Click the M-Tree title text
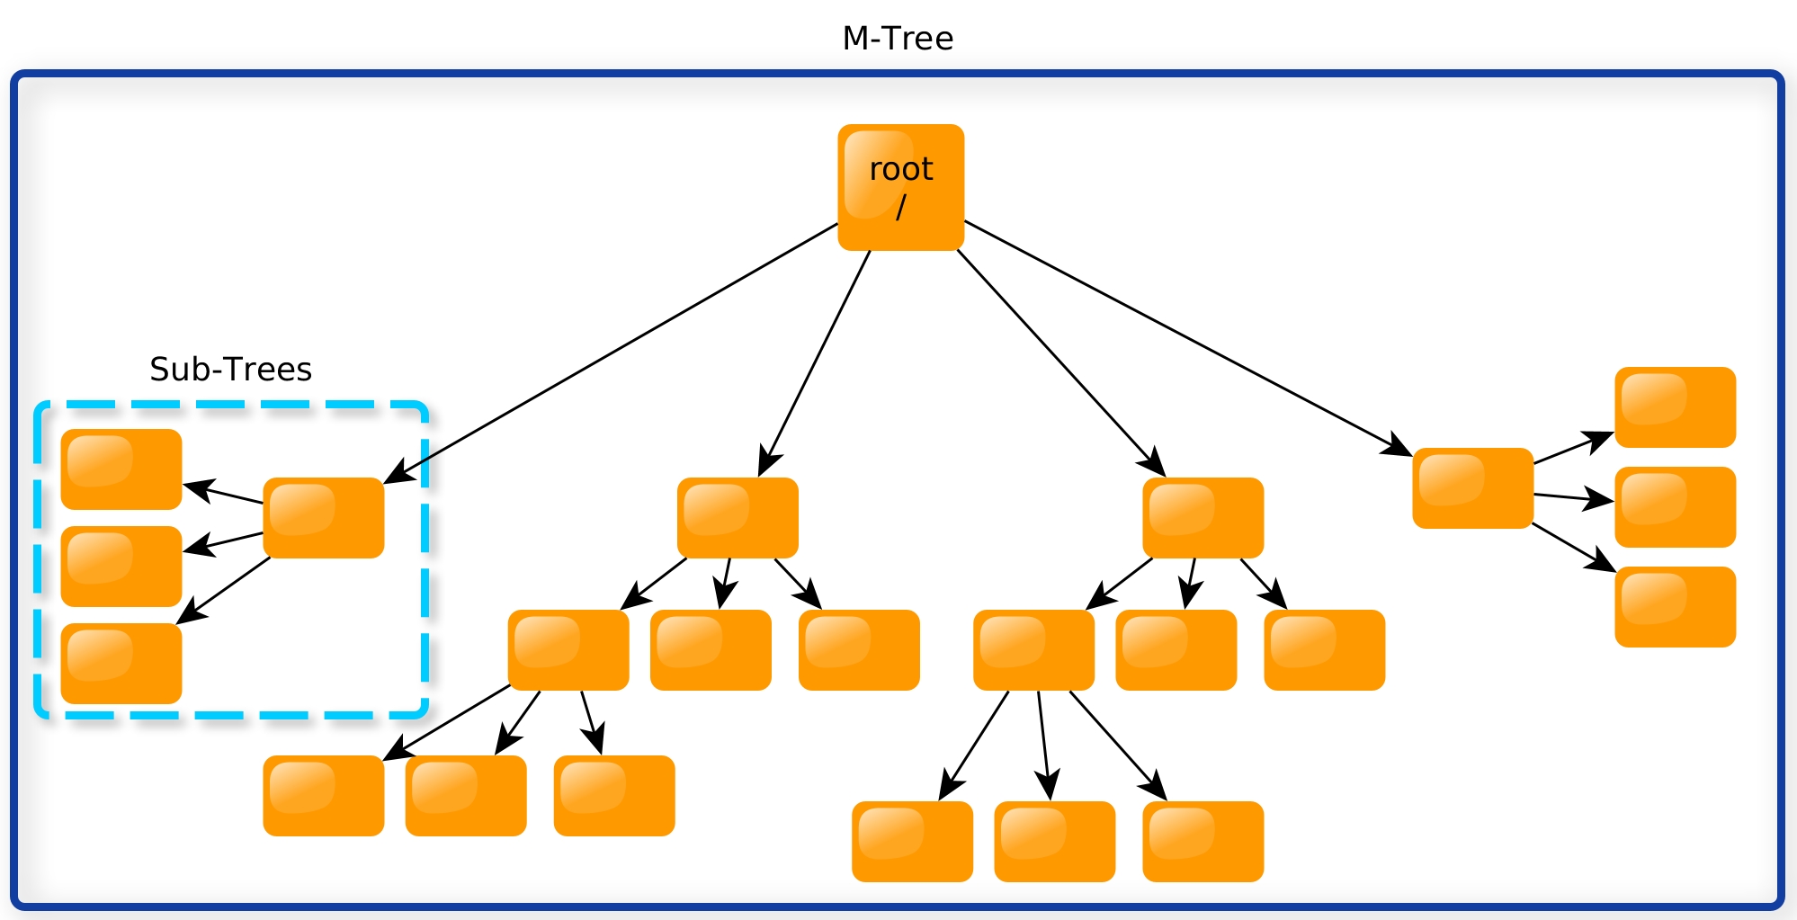(898, 39)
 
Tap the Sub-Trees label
(230, 370)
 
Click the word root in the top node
(901, 169)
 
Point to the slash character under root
(901, 208)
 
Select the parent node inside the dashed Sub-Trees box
(324, 518)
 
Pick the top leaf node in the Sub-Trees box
(121, 469)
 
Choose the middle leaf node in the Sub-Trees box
(121, 567)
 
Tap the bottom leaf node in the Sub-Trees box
(121, 664)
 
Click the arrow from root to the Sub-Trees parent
(611, 353)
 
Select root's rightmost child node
(1473, 488)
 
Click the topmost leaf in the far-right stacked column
(1676, 407)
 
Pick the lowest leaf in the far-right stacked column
(1676, 607)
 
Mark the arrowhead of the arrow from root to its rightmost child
(1399, 446)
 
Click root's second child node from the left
(738, 518)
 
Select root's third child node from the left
(1203, 518)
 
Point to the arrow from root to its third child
(1061, 363)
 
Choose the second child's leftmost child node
(568, 650)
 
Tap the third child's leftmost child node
(1034, 650)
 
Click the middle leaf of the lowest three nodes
(1055, 842)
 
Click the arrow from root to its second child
(814, 363)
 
